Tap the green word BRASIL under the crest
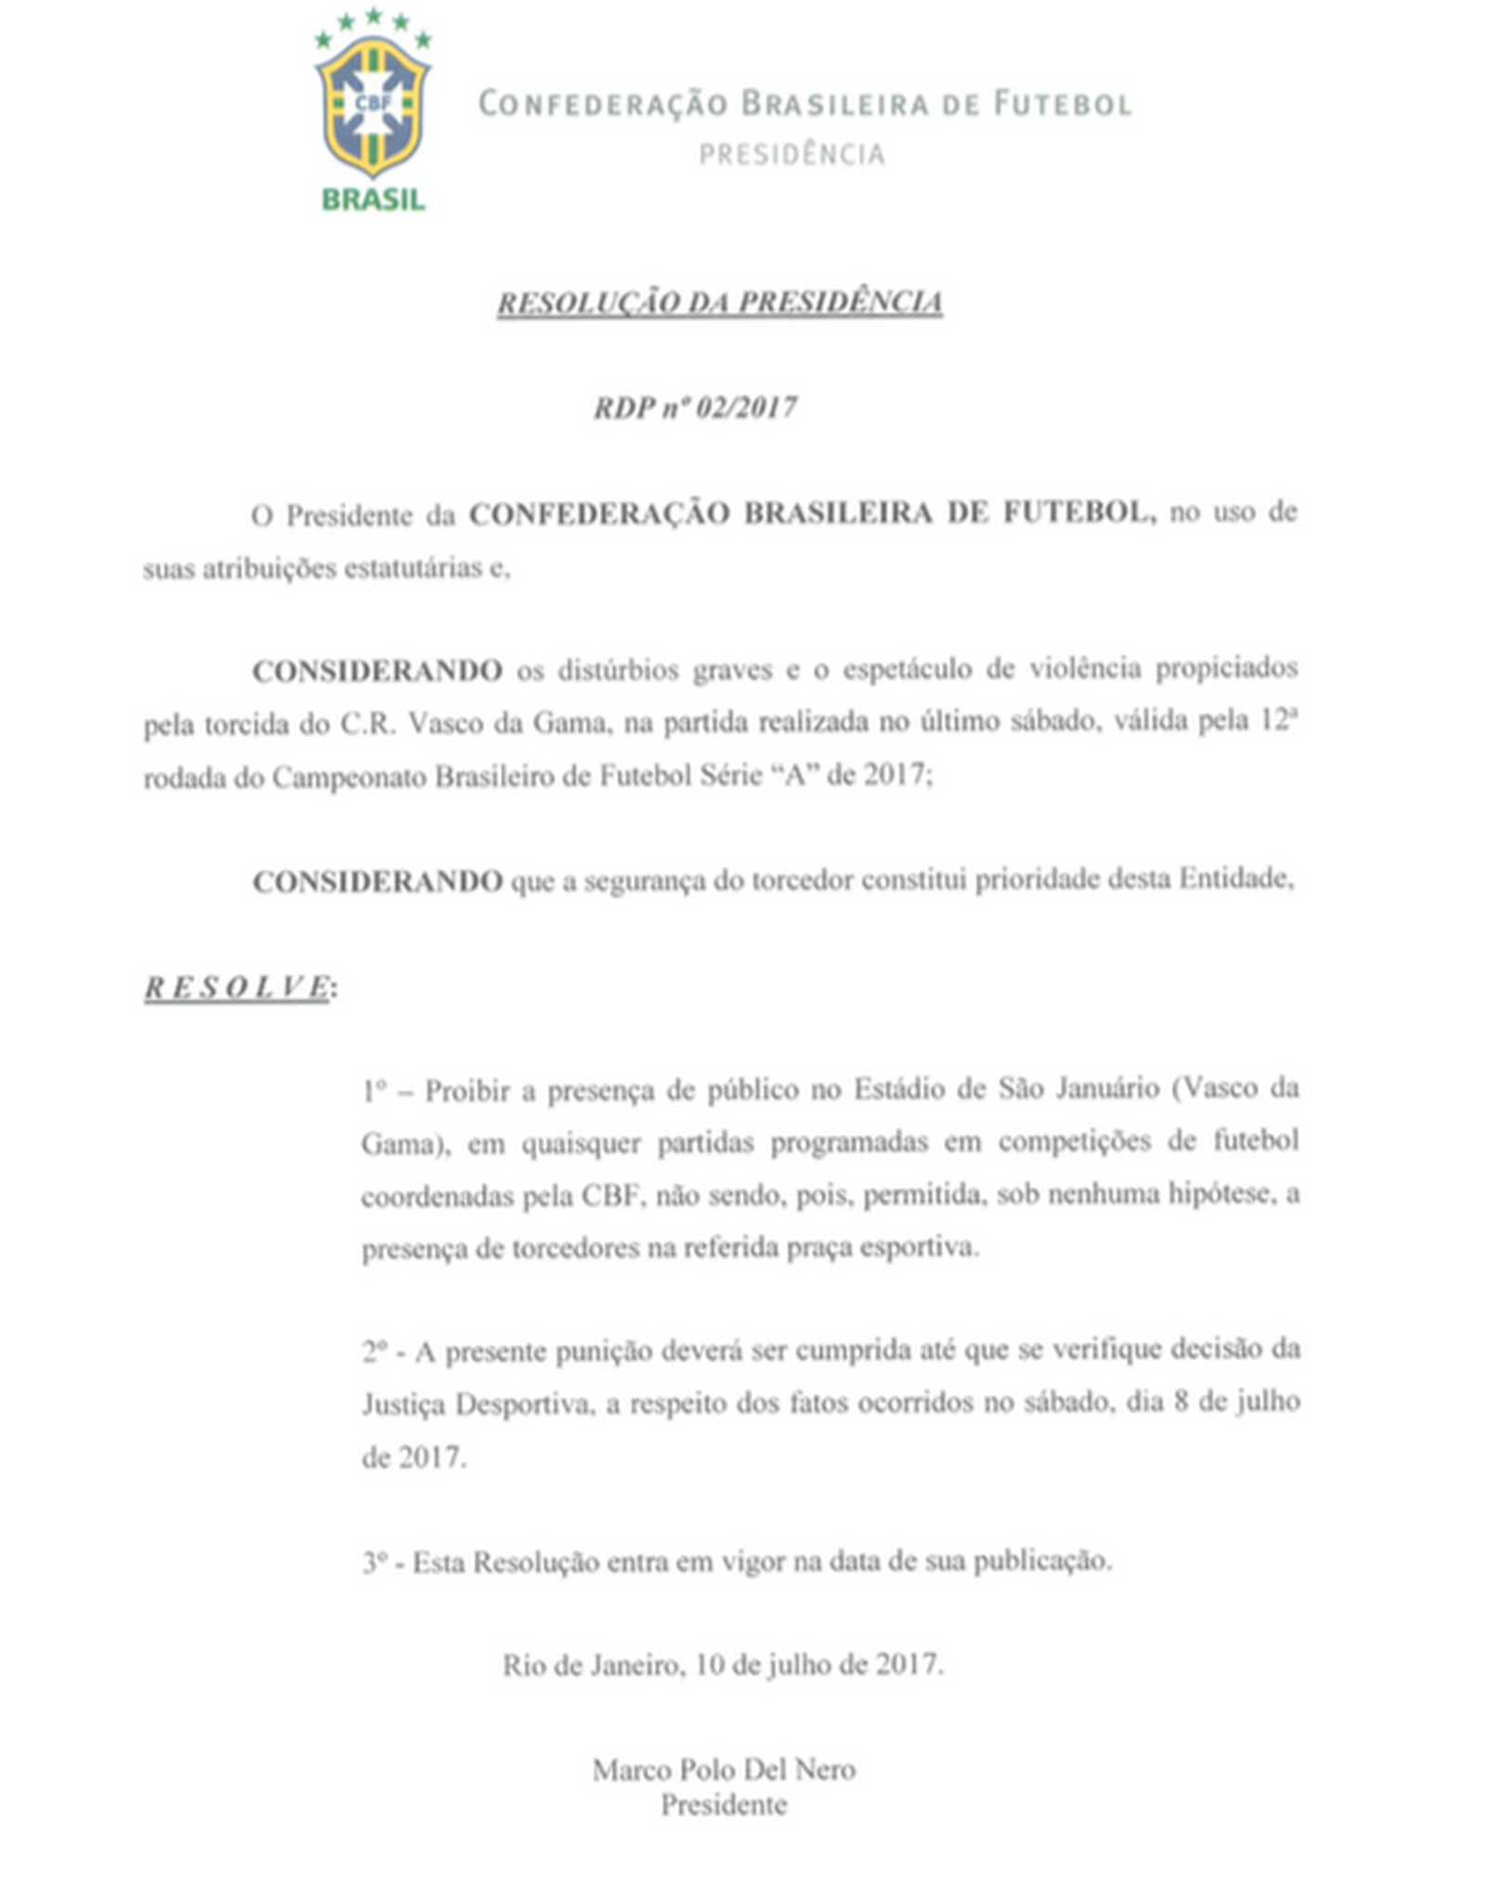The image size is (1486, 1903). (x=372, y=200)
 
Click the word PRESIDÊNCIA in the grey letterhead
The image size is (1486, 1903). (x=791, y=154)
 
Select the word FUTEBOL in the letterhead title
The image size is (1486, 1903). (x=1062, y=103)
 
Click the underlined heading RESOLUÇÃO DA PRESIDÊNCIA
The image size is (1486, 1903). (x=720, y=303)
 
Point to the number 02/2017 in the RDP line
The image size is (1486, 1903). (x=746, y=408)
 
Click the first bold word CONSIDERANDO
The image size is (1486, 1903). (x=377, y=671)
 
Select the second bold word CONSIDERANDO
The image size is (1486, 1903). (x=377, y=880)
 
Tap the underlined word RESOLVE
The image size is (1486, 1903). (x=237, y=987)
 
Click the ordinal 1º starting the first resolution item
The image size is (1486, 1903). (x=373, y=1090)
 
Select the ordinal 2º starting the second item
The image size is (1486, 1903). (x=374, y=1351)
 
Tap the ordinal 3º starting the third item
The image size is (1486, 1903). (x=374, y=1562)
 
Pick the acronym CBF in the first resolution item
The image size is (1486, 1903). (x=612, y=1195)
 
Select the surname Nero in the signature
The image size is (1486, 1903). (x=825, y=1770)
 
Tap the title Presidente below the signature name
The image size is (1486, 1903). (x=723, y=1805)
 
